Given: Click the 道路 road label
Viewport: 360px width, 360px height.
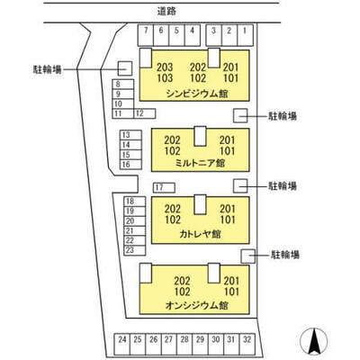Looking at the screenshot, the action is click(166, 12).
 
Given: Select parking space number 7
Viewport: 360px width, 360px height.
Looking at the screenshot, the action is click(146, 35).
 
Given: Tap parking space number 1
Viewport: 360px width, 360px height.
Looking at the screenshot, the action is click(245, 35).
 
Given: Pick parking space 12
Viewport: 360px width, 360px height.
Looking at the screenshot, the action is click(144, 113).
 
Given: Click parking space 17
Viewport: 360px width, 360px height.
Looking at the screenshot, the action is click(164, 188).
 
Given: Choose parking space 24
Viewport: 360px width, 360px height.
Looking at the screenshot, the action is click(122, 344).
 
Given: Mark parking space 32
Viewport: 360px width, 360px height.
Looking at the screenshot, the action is click(247, 344).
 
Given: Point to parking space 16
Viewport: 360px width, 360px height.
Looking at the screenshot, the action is click(130, 165).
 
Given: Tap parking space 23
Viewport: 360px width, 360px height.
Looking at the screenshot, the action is click(135, 250).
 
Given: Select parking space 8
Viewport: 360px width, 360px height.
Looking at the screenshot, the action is click(122, 85).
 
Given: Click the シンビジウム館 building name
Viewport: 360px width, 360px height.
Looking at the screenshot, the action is click(197, 94).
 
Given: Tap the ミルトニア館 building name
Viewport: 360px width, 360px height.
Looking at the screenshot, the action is click(200, 163).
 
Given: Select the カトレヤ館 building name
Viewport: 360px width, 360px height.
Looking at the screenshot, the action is click(200, 234).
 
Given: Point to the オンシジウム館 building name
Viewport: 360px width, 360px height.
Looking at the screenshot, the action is click(196, 305).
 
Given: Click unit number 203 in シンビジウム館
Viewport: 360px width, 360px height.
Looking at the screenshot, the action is click(165, 67).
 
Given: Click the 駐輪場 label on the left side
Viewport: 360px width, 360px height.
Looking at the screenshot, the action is click(47, 69).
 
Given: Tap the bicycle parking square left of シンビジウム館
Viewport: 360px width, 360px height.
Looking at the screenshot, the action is click(125, 68).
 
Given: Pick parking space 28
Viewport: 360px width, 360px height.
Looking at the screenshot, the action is click(184, 344).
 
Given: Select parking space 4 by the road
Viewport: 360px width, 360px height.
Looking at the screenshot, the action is click(193, 35).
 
